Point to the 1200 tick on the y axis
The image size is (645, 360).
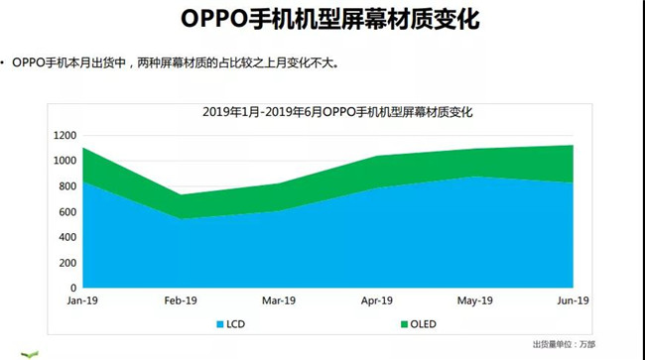[64, 135]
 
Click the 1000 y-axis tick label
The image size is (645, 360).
[64, 161]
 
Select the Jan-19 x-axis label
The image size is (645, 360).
[81, 300]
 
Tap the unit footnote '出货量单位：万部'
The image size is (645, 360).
[571, 344]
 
